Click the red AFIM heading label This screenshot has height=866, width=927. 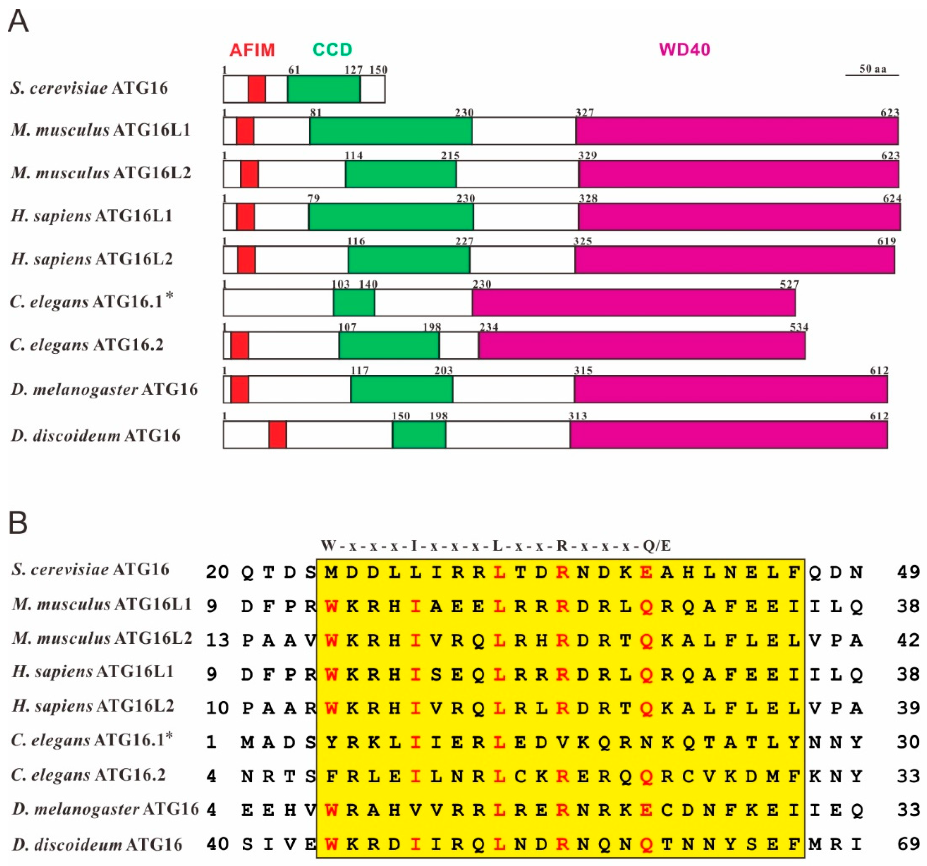252,49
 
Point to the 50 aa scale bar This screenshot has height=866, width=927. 872,75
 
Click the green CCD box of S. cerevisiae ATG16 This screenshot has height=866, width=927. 324,89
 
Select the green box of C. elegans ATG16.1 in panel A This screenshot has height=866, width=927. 354,303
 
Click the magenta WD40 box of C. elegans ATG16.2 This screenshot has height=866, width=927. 642,345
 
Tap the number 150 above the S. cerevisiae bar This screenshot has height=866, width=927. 378,70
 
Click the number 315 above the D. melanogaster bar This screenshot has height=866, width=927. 583,370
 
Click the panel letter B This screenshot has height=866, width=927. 18,523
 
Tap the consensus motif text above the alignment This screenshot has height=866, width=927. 495,545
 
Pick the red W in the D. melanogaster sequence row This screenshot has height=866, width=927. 331,810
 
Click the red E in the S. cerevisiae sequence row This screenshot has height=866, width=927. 646,572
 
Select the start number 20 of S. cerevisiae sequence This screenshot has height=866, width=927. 217,572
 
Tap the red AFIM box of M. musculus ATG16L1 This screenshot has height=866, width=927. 245,131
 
